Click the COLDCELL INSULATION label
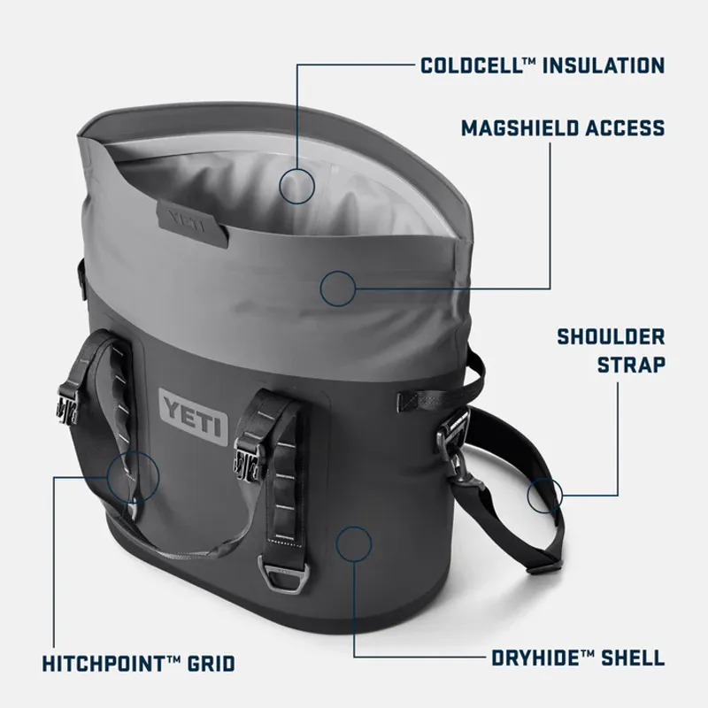tap(543, 65)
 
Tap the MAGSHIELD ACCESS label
tap(562, 128)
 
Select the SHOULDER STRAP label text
tap(611, 350)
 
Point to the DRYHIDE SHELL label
tap(577, 658)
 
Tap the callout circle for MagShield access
tap(337, 287)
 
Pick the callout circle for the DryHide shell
tap(354, 543)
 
